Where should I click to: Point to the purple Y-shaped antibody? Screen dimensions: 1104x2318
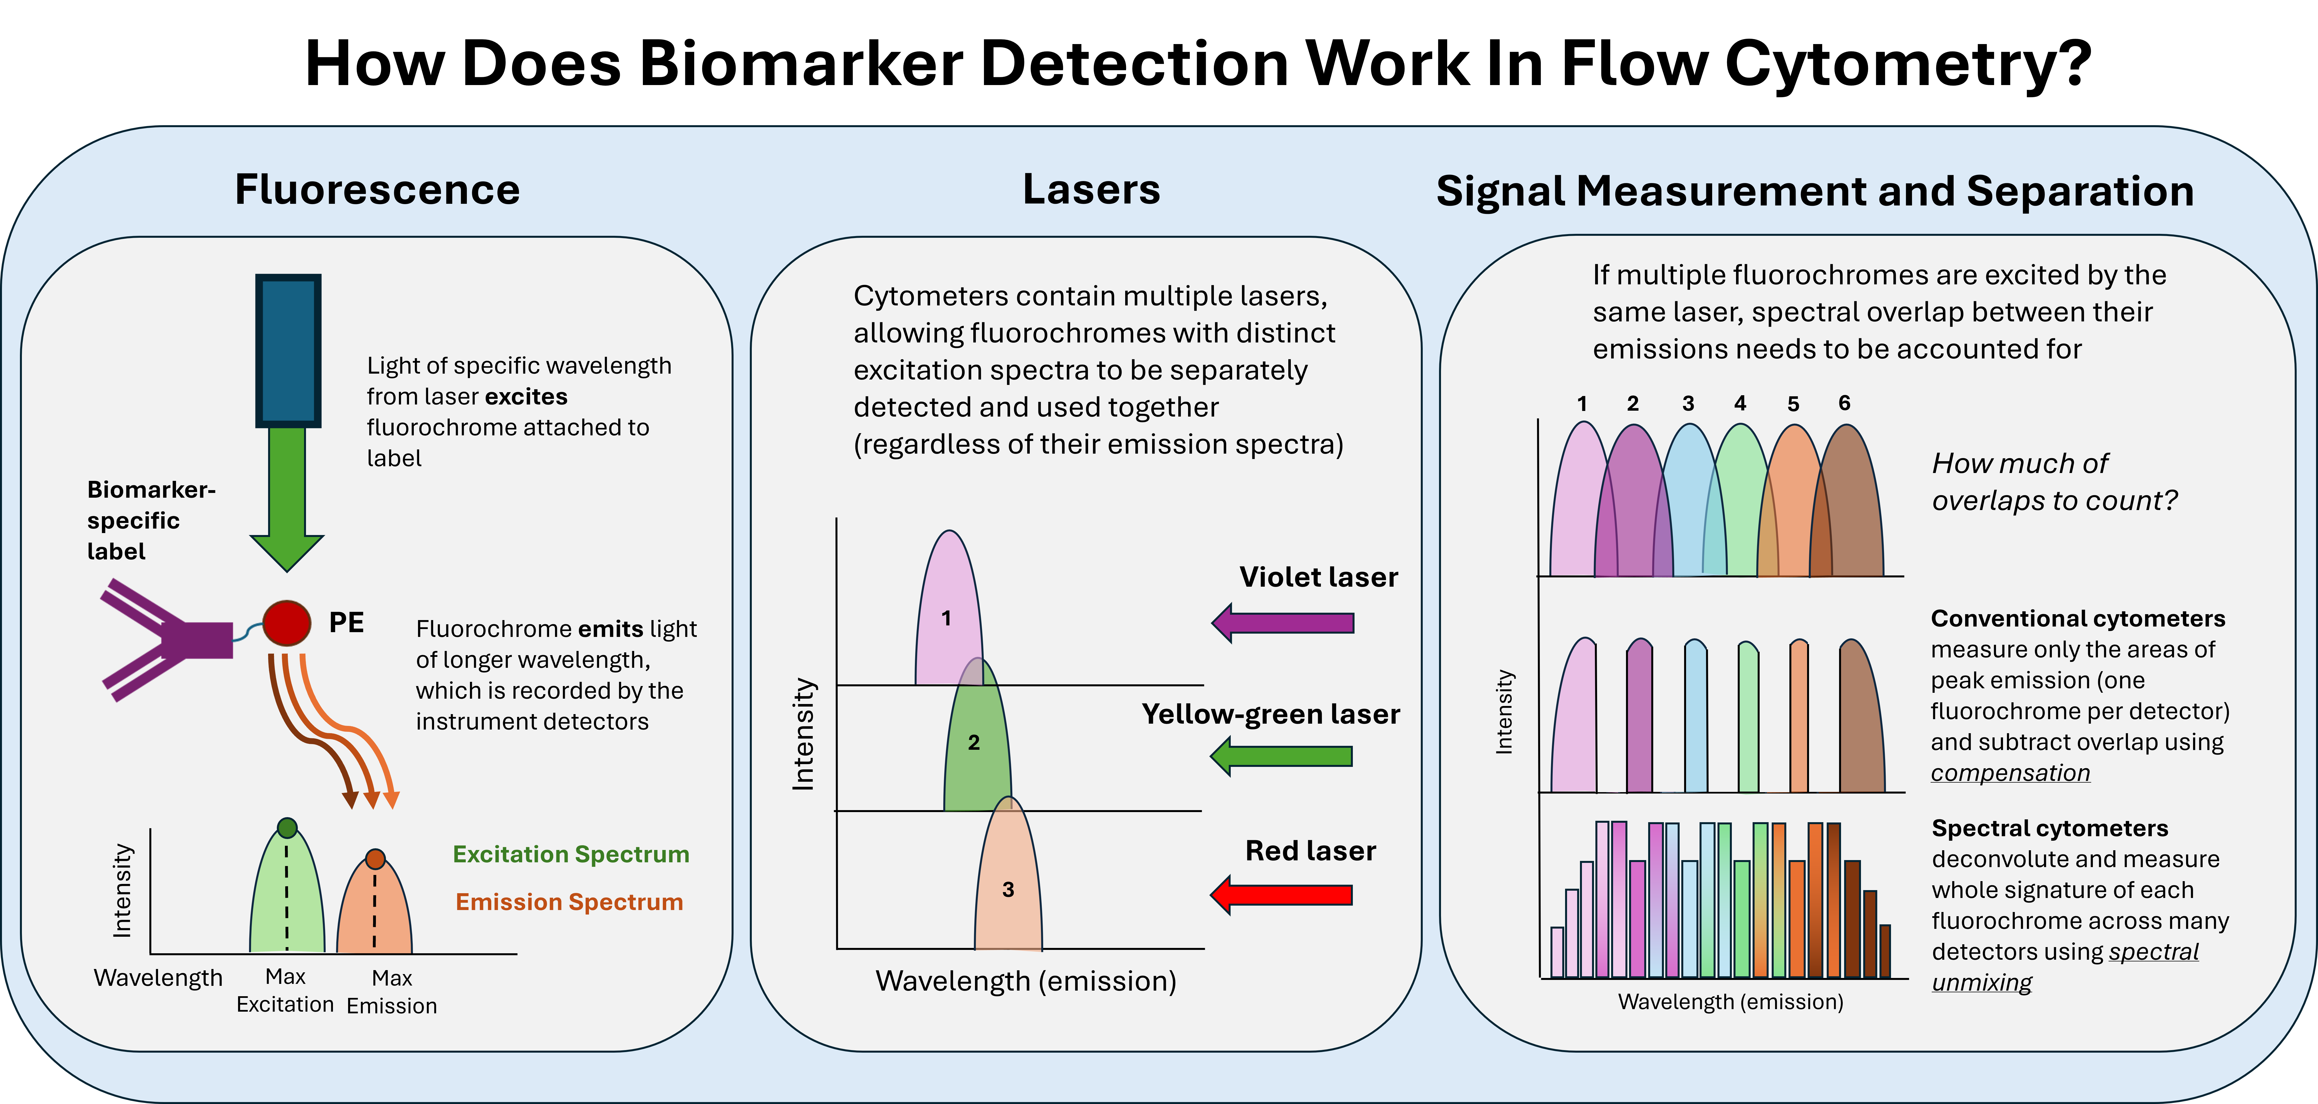click(x=166, y=639)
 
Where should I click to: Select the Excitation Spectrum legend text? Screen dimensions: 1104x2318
click(x=570, y=854)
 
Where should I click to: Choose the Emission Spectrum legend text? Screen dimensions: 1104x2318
click(x=569, y=902)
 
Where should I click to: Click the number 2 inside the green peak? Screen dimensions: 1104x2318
click(x=974, y=742)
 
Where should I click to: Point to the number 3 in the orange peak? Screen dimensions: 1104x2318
click(x=1008, y=889)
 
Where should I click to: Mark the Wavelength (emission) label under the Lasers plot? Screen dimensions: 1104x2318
click(x=1026, y=981)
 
